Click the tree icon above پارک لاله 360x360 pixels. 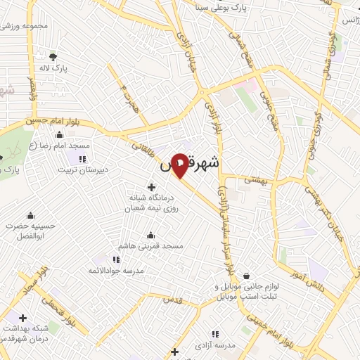pos(53,56)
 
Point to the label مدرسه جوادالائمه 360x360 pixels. pos(113,271)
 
